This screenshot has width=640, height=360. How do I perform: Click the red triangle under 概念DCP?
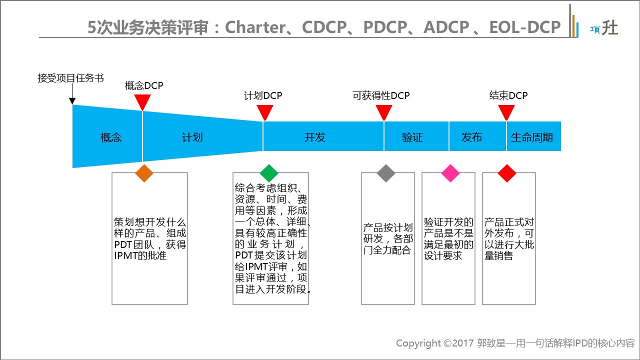point(142,101)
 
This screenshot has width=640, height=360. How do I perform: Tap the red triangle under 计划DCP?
point(264,111)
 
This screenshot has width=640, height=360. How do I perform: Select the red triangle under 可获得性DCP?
point(384,111)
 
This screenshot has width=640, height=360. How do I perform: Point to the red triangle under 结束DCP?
point(506,111)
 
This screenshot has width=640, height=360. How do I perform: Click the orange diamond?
point(144,172)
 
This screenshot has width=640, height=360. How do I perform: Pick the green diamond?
point(269,172)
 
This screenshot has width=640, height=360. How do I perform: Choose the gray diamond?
point(385,172)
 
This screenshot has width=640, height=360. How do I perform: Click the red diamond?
point(507,172)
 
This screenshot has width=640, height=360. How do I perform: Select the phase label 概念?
point(111,137)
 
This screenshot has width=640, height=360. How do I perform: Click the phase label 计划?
point(192,137)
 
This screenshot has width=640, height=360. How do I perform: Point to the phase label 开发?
point(314,137)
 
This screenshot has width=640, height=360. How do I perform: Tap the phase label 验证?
point(412,137)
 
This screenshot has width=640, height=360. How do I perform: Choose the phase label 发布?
point(472,137)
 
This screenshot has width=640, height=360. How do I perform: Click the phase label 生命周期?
point(532,137)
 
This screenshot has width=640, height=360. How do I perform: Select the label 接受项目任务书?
point(70,78)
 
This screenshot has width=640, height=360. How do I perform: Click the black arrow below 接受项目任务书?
point(72,94)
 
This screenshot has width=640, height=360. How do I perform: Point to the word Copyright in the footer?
point(418,343)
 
